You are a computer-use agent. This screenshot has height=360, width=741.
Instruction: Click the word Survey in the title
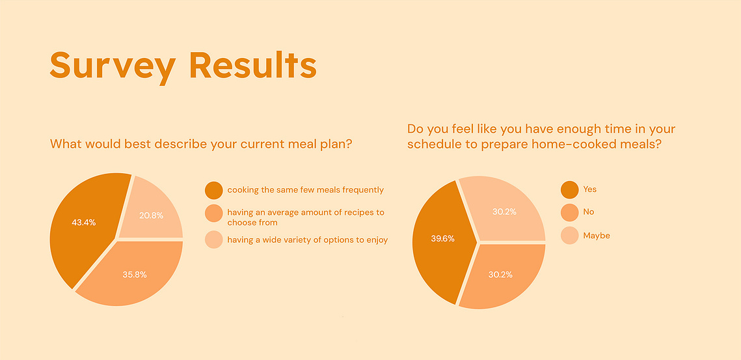[113, 66]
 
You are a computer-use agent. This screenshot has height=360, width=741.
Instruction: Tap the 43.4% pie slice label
[84, 223]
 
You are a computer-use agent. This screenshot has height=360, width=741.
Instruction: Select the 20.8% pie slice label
[151, 215]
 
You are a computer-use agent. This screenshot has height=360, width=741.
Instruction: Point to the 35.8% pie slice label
[135, 274]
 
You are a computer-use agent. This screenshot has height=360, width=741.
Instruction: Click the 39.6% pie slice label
[443, 239]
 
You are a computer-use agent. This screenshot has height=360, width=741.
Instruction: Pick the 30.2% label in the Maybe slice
[504, 212]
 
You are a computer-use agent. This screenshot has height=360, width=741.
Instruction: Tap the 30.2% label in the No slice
[500, 274]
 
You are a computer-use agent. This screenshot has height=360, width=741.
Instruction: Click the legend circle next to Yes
[569, 189]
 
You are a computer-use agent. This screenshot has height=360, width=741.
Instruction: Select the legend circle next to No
[569, 212]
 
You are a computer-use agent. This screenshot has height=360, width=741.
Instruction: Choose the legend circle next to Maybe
[569, 235]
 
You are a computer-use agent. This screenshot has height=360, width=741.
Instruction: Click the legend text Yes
[590, 189]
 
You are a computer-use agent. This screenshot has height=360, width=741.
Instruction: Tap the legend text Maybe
[597, 236]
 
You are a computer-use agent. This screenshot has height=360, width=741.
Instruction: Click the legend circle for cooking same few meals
[213, 190]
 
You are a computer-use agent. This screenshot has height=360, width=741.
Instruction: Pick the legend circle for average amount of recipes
[213, 213]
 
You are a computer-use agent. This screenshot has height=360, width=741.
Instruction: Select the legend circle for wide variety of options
[213, 240]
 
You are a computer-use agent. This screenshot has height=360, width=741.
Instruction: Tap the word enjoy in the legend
[377, 240]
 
